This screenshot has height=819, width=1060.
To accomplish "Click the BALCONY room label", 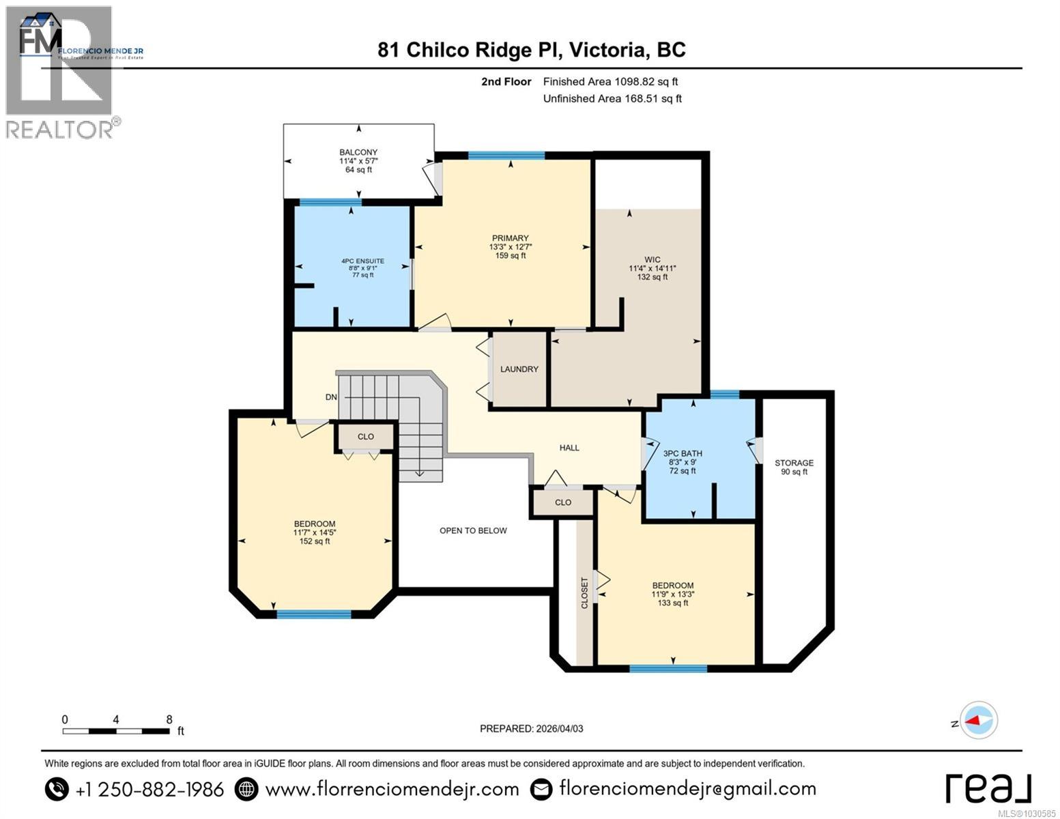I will click(358, 152).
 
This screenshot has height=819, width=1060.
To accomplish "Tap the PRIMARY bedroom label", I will click(510, 238).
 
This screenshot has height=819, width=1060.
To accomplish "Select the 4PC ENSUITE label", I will click(362, 261).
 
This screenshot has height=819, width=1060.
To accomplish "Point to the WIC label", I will click(652, 259).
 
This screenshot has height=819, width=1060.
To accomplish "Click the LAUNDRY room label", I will click(519, 369).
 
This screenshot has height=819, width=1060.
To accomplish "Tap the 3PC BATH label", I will click(682, 453).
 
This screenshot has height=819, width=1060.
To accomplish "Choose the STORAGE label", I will click(794, 463).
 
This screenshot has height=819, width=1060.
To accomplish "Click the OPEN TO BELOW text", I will click(473, 530).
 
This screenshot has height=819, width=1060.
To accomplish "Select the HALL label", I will click(569, 448).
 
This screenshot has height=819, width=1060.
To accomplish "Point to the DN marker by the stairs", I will click(331, 397).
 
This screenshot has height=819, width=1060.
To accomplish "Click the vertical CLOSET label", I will click(585, 592).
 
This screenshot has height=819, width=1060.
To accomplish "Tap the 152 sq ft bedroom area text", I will click(315, 541).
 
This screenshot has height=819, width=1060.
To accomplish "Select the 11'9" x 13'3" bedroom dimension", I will click(673, 594).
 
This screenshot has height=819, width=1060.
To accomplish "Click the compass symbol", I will click(980, 721).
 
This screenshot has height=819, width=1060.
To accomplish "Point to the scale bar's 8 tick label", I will click(169, 719).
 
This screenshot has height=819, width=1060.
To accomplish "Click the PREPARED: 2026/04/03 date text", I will click(531, 728).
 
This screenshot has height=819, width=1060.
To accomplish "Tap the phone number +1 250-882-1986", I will click(149, 790).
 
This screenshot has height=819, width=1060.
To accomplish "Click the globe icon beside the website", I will click(246, 790).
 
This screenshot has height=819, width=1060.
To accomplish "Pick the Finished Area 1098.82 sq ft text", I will click(610, 82).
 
